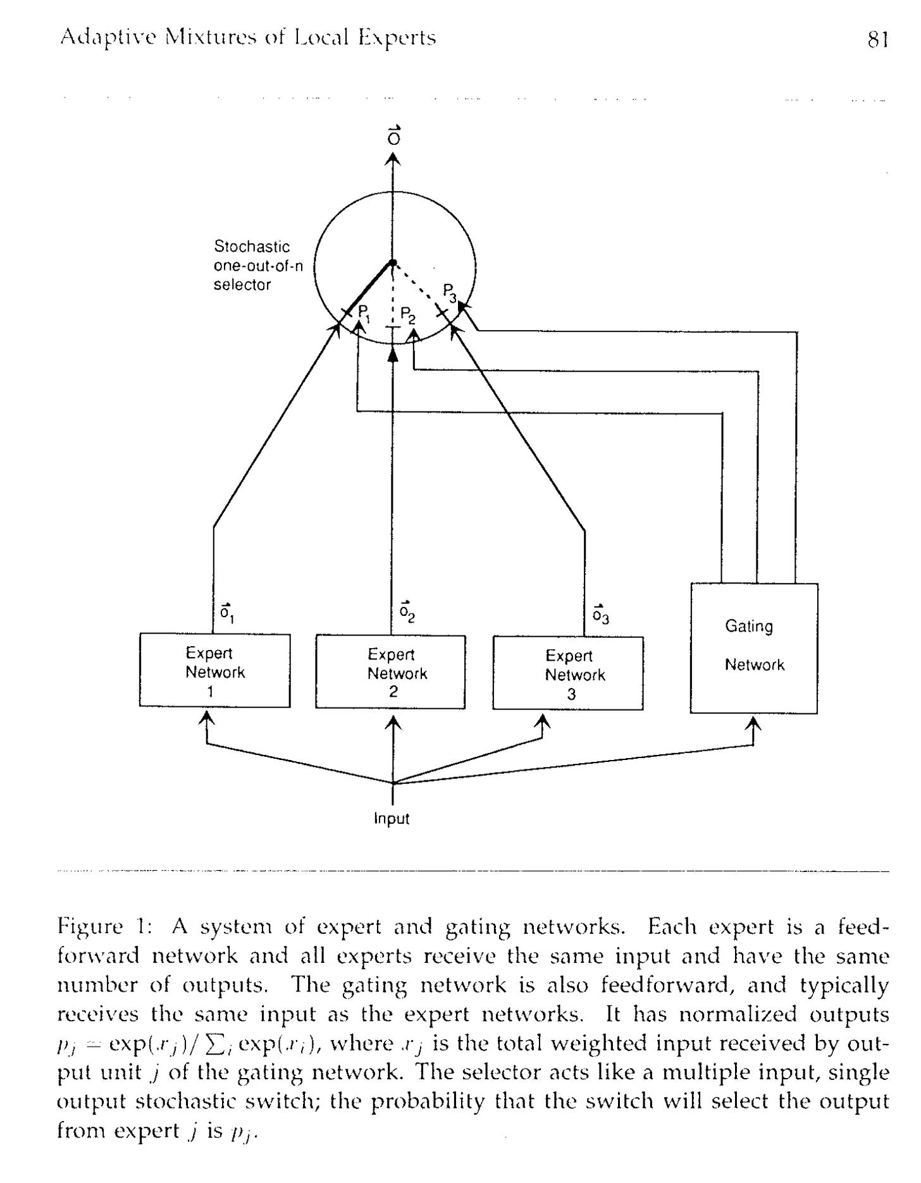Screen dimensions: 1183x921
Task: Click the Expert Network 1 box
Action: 214,670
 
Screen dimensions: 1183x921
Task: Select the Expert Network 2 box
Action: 390,672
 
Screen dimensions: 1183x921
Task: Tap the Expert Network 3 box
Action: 567,674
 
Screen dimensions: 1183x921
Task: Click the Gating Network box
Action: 753,647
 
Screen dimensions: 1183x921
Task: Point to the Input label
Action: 392,819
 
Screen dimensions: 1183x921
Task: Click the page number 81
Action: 878,40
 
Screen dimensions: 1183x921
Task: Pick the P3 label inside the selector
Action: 450,292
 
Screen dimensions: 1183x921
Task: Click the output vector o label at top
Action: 393,136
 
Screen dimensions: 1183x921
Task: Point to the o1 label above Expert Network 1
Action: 227,612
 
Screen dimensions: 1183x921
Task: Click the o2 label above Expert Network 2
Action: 407,612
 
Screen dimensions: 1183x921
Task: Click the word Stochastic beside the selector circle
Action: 252,247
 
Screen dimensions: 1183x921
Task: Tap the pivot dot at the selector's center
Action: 393,262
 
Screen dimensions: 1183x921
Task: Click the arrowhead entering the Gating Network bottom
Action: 753,722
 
